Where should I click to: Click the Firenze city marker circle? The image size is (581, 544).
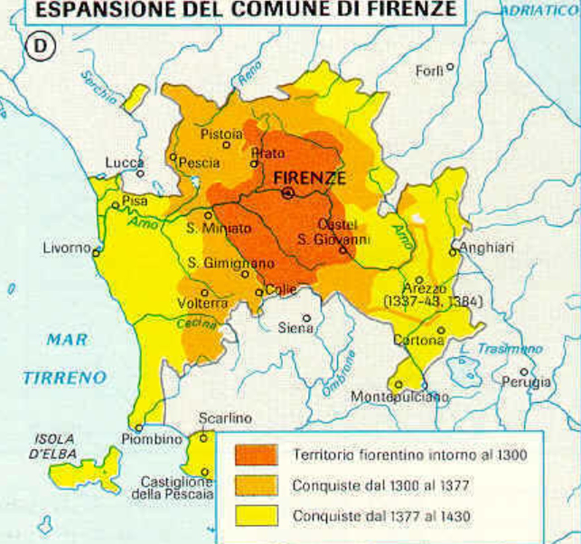coord(288,193)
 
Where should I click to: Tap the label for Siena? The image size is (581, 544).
coord(295,328)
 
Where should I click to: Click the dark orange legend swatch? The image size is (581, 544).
coord(256,455)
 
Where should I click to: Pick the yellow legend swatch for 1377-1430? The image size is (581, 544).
coord(256,516)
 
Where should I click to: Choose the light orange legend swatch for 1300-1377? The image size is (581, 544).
coord(256,485)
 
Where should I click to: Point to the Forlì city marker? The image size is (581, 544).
coord(450,67)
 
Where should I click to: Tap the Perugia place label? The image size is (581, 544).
coord(526,382)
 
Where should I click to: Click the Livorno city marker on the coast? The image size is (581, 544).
coord(96,252)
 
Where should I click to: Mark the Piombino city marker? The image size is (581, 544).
coord(139,428)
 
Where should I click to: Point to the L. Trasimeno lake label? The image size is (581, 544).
coord(501,349)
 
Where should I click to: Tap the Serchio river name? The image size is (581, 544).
coord(98,88)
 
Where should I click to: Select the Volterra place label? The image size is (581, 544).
coord(202,303)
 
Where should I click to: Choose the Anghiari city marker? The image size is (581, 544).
coord(453,252)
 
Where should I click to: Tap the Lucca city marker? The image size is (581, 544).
coord(140,173)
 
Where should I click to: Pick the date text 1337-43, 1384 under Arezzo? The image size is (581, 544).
coord(433,302)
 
